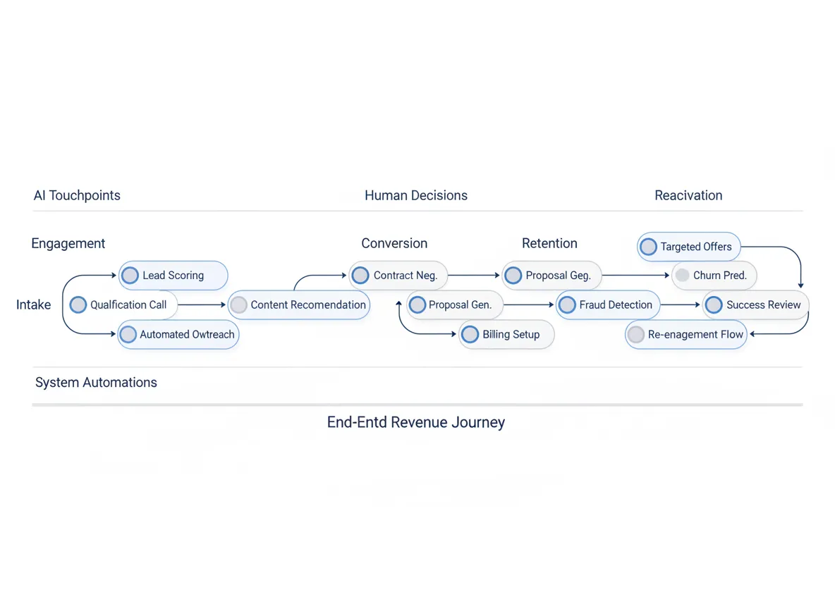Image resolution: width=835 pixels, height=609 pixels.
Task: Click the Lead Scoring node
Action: click(x=173, y=276)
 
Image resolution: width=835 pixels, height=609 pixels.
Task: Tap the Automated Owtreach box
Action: click(x=178, y=335)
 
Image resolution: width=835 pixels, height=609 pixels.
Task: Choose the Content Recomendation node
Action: click(x=299, y=305)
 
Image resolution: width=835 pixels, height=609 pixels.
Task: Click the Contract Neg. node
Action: click(x=398, y=276)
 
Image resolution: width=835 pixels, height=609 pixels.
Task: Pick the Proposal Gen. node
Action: click(x=455, y=305)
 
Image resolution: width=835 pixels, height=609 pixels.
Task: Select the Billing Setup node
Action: click(x=506, y=335)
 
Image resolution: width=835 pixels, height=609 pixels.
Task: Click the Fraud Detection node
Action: click(x=608, y=305)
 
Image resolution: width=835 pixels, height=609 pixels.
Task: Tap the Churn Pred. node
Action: click(x=714, y=276)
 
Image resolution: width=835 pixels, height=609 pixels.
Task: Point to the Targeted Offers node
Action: click(x=689, y=247)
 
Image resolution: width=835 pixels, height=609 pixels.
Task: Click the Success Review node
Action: click(x=756, y=305)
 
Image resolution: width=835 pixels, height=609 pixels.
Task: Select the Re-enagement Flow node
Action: click(x=686, y=335)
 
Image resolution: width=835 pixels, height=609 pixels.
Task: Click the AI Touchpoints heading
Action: click(x=77, y=195)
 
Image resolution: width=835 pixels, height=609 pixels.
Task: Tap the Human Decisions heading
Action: click(x=416, y=195)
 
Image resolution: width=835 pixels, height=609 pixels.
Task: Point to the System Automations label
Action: click(x=96, y=383)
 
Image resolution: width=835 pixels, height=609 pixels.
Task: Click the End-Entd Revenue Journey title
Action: click(x=416, y=423)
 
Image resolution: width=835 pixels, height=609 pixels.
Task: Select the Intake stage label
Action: click(x=34, y=305)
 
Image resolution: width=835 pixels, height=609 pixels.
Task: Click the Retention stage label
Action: click(x=549, y=243)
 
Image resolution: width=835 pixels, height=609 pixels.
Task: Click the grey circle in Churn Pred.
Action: click(x=682, y=276)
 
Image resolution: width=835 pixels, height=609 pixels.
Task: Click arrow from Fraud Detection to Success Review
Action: click(x=681, y=305)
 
